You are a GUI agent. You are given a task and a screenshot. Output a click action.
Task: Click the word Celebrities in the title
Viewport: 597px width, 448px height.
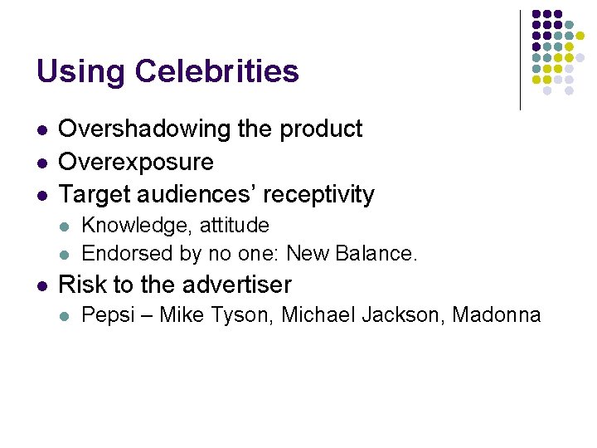pos(216,71)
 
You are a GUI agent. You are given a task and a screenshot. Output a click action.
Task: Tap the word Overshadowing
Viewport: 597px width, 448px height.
pos(138,129)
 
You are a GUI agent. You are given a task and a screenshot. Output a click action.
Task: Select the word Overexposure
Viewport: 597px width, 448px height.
pos(136,162)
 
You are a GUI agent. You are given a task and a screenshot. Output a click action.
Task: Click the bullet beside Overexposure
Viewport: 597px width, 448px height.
pos(41,163)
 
